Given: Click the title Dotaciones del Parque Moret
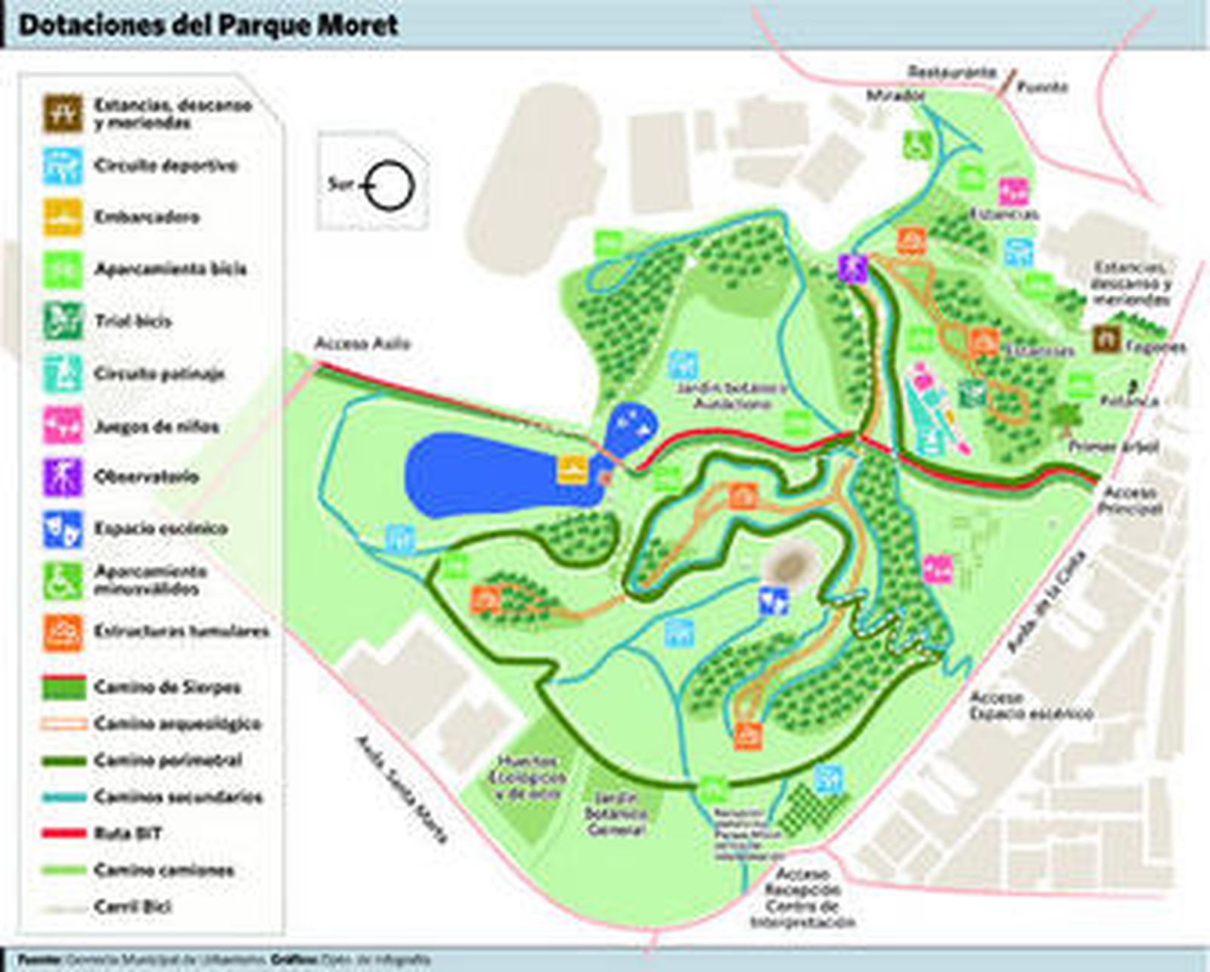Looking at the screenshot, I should pos(207,24).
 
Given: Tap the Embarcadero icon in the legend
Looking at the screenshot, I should pos(63,217).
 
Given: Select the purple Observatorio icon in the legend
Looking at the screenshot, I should pos(63,477).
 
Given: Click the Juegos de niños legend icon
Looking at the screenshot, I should pos(63,425).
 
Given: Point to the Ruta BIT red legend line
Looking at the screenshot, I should pos(64,834).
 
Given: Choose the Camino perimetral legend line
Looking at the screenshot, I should pos(64,760).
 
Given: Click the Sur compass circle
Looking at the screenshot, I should pos(390,186).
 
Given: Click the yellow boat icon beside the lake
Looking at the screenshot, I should pos(572,469).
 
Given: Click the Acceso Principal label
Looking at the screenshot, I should pos(1131,500).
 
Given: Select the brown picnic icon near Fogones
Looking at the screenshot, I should pos(1106,340).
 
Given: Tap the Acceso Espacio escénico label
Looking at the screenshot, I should pos(1031,705).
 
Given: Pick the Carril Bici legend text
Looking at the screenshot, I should pos(133,906).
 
